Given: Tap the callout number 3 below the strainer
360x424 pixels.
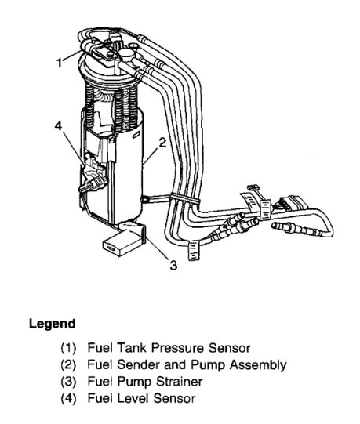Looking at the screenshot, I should [x=173, y=265].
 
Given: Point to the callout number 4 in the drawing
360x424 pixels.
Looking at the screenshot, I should [x=58, y=125].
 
